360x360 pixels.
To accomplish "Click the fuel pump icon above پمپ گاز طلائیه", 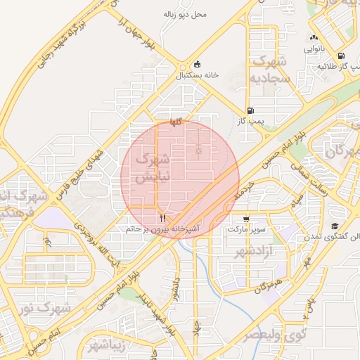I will tap(341, 56).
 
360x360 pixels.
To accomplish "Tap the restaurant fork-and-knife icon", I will tap(163, 218).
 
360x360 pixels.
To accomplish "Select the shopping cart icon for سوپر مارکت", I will tap(245, 219).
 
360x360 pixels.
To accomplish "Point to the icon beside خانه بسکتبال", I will tap(197, 64).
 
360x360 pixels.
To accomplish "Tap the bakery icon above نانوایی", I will tap(314, 38).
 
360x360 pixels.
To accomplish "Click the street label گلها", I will tap(176, 122).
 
